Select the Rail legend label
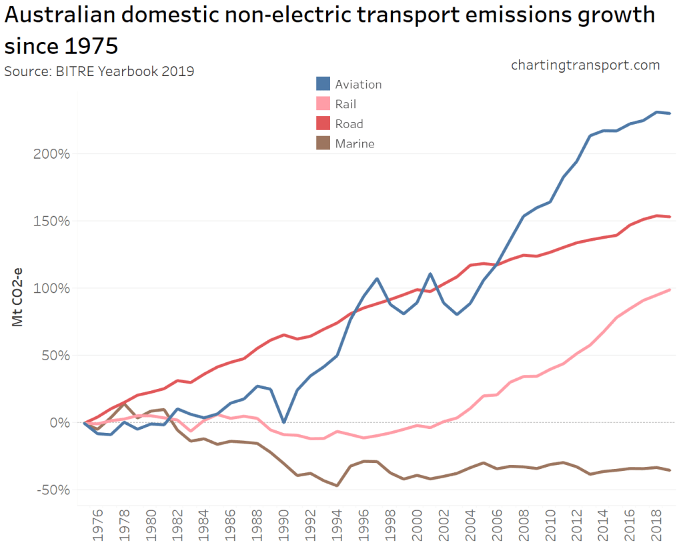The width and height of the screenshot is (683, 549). tap(346, 104)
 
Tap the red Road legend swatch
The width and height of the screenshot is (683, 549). tap(323, 123)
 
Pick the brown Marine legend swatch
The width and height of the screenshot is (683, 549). tap(323, 143)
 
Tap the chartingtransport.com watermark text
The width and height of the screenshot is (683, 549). tap(585, 65)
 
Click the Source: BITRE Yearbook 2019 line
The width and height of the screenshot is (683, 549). tap(99, 71)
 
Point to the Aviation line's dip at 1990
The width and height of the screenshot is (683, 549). tap(283, 422)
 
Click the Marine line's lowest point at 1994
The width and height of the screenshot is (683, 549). tap(337, 486)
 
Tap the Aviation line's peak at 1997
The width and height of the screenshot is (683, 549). tap(377, 279)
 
